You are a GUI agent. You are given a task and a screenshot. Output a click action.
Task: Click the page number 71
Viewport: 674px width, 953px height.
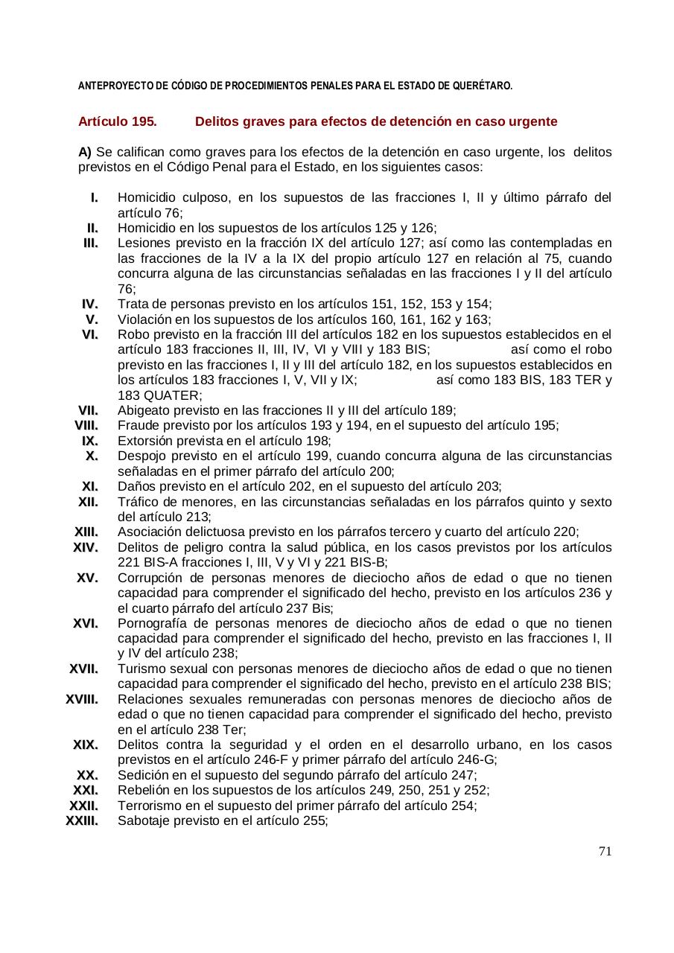point(605,851)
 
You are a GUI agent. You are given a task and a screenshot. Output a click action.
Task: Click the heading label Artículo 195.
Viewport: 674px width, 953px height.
point(117,121)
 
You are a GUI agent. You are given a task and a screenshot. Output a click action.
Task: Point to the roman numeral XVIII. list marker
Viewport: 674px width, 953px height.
point(82,699)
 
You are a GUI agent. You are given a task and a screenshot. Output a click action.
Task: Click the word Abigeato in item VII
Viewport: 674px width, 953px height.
point(142,410)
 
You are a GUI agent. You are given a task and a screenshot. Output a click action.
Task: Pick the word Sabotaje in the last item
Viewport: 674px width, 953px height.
point(143,821)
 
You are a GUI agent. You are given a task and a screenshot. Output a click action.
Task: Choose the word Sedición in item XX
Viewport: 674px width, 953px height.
point(142,775)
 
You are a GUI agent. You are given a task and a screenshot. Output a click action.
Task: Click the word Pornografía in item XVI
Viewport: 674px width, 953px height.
point(152,623)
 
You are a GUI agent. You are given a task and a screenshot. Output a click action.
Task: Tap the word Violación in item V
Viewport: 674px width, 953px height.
point(144,319)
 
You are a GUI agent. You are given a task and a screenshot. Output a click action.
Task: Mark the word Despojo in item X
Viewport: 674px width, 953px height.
point(142,456)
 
